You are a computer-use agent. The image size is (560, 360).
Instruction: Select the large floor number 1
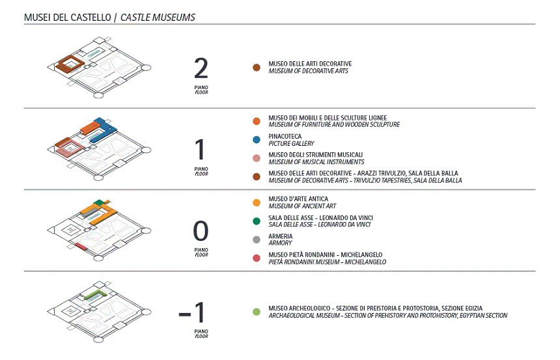click(x=201, y=150)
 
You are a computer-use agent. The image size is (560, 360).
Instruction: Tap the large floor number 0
click(x=201, y=232)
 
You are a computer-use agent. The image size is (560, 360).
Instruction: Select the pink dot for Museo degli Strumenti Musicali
click(x=257, y=158)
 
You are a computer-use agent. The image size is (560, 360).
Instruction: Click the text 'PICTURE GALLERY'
click(x=291, y=143)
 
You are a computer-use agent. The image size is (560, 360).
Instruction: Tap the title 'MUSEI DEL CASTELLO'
click(x=66, y=17)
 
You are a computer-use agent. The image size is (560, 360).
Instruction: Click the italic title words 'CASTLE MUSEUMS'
click(x=158, y=17)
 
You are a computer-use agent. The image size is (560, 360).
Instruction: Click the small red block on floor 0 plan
click(x=81, y=246)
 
